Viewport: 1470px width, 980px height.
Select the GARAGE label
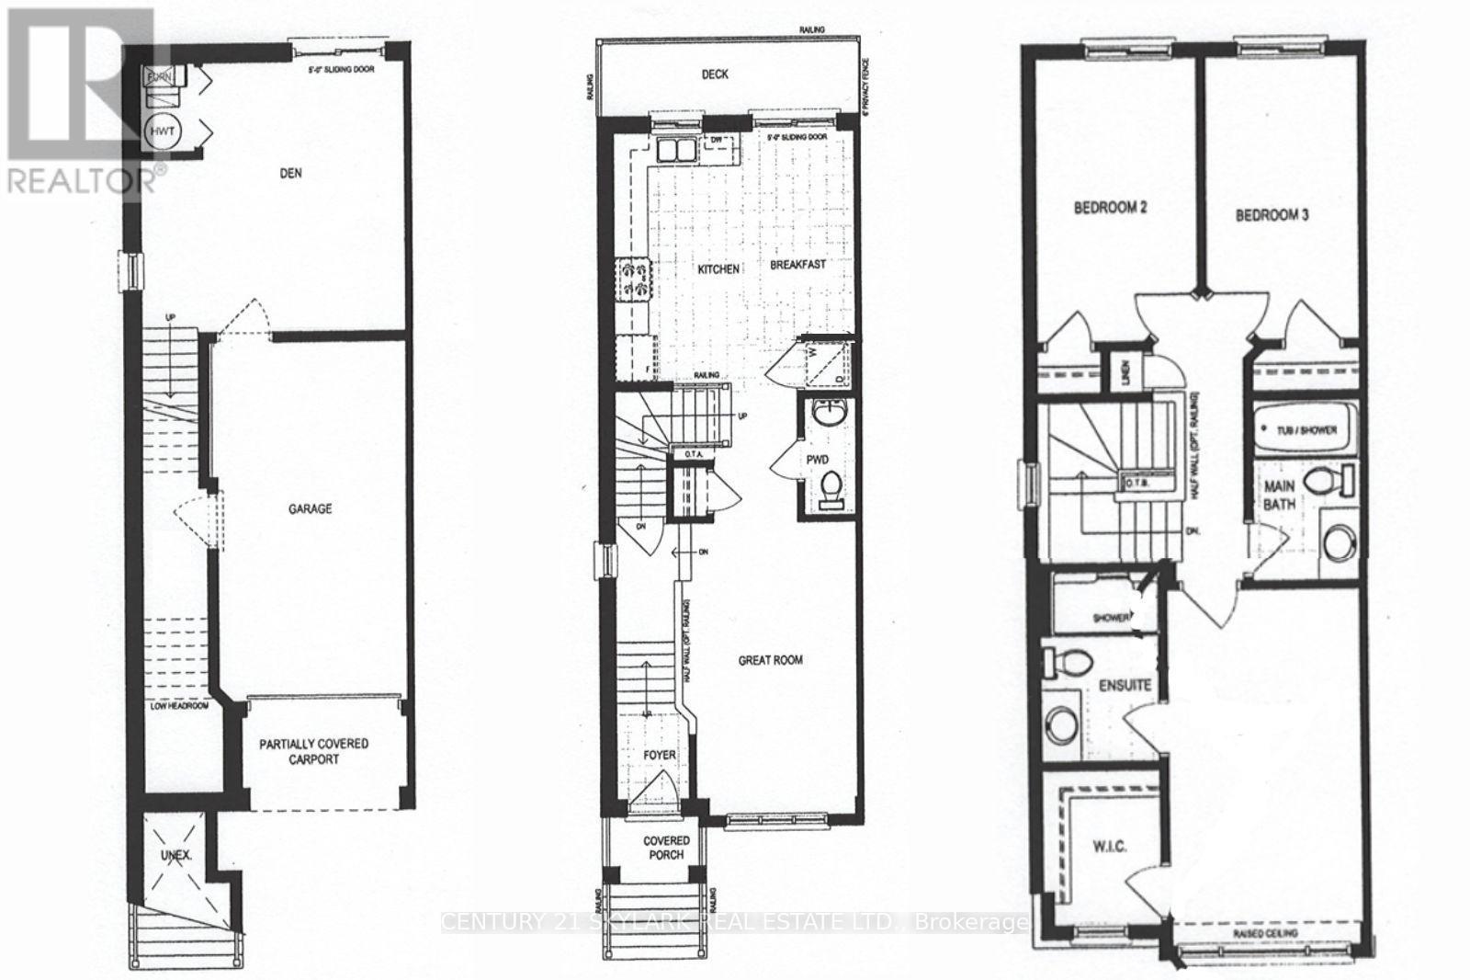(x=310, y=508)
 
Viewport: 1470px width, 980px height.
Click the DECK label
(x=715, y=74)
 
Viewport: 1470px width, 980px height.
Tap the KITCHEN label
(x=718, y=269)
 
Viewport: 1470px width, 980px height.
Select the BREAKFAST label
(x=797, y=264)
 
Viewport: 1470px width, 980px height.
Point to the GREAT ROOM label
(x=771, y=659)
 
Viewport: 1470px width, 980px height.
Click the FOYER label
(x=659, y=755)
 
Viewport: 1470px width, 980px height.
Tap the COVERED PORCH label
(x=666, y=847)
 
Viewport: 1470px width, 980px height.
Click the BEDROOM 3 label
(x=1272, y=215)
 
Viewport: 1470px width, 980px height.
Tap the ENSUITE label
(x=1125, y=686)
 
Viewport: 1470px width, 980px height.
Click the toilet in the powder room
(x=832, y=488)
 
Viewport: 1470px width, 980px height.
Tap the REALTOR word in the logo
(x=78, y=180)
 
